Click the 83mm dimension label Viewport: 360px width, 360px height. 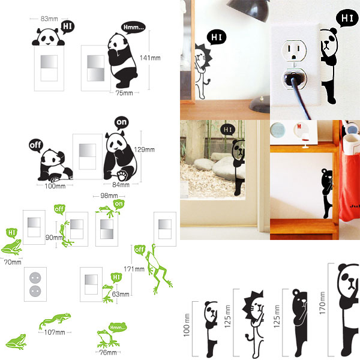49,19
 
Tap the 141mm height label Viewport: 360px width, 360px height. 150,58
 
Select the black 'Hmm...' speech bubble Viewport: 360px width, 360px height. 133,28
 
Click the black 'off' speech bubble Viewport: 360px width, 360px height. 36,146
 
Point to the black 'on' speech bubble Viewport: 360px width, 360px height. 121,122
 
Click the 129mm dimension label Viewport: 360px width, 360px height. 144,149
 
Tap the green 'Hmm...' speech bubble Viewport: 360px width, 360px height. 118,327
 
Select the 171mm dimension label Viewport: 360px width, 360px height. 134,269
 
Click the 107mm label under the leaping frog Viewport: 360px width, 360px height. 55,332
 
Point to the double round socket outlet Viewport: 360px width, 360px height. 35,284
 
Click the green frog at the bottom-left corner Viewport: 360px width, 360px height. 16,341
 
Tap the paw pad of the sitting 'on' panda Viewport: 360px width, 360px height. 122,176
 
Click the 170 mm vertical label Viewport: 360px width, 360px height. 322,303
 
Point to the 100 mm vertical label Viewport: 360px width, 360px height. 187,325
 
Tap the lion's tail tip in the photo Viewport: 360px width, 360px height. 209,80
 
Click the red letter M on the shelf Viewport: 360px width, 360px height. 299,127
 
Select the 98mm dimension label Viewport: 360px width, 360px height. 109,196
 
